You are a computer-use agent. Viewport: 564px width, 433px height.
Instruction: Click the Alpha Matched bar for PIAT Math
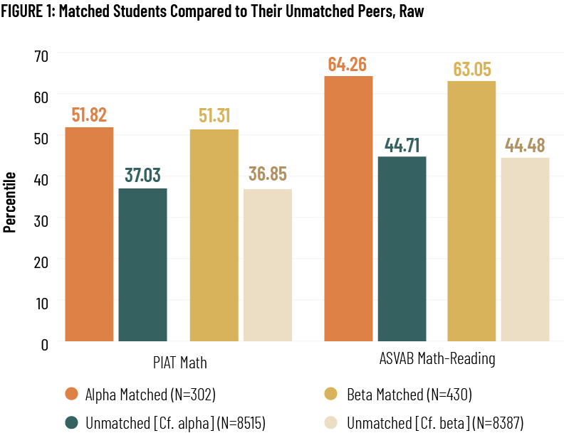[x=89, y=235]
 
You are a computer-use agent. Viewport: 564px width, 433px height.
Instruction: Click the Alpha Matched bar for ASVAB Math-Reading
[x=348, y=209]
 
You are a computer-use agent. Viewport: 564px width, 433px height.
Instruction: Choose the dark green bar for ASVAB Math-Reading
[x=402, y=249]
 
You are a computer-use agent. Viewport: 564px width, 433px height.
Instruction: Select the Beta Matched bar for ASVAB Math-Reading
[x=471, y=211]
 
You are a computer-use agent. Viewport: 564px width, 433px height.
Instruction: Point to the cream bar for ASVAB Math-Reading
[x=525, y=250]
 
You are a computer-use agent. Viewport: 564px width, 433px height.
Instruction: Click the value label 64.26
[x=348, y=64]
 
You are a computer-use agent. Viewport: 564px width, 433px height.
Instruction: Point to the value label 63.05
[x=471, y=69]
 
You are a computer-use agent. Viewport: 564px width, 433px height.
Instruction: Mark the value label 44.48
[x=526, y=145]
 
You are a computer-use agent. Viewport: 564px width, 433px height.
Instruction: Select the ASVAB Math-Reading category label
[x=436, y=360]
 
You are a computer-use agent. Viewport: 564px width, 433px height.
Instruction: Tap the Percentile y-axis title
[x=11, y=201]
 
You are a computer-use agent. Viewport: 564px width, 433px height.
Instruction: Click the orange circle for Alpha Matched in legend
[x=70, y=394]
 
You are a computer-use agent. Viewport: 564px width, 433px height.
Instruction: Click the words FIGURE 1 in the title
[x=28, y=13]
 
